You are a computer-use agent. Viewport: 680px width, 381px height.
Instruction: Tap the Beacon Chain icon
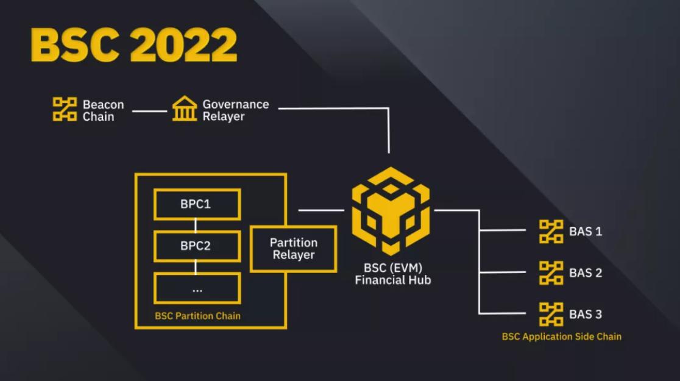click(x=65, y=110)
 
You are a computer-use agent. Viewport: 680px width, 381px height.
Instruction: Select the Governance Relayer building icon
click(x=184, y=110)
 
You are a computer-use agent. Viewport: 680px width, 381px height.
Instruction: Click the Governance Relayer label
click(x=235, y=110)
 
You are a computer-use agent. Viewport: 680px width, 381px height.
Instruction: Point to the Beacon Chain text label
click(x=103, y=110)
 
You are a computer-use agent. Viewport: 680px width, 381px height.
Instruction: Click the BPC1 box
click(x=196, y=204)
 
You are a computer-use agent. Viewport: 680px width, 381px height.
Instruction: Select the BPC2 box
click(x=196, y=246)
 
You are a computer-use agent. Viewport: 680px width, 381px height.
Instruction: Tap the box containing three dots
click(x=196, y=288)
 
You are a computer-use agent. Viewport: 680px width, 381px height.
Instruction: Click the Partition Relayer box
click(x=293, y=249)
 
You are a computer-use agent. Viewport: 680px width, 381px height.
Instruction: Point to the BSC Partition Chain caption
click(x=197, y=316)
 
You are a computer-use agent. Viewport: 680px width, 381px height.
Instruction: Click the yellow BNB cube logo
click(x=391, y=210)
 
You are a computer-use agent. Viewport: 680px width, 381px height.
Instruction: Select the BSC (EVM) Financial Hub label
click(x=392, y=274)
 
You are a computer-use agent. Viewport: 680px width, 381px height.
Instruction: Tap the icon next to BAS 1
click(x=551, y=232)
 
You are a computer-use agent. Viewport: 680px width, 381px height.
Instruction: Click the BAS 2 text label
click(x=586, y=273)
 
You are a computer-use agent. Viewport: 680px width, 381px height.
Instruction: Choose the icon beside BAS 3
click(x=551, y=314)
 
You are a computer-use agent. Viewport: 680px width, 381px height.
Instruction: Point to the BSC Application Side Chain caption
click(x=561, y=336)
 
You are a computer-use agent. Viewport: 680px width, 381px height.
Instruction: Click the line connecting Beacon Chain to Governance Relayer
click(x=149, y=111)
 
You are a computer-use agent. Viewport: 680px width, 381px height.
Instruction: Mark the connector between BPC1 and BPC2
click(x=196, y=226)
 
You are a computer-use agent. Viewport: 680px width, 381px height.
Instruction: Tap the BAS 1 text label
click(x=586, y=232)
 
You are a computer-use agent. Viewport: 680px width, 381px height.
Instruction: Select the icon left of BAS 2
click(x=551, y=273)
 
